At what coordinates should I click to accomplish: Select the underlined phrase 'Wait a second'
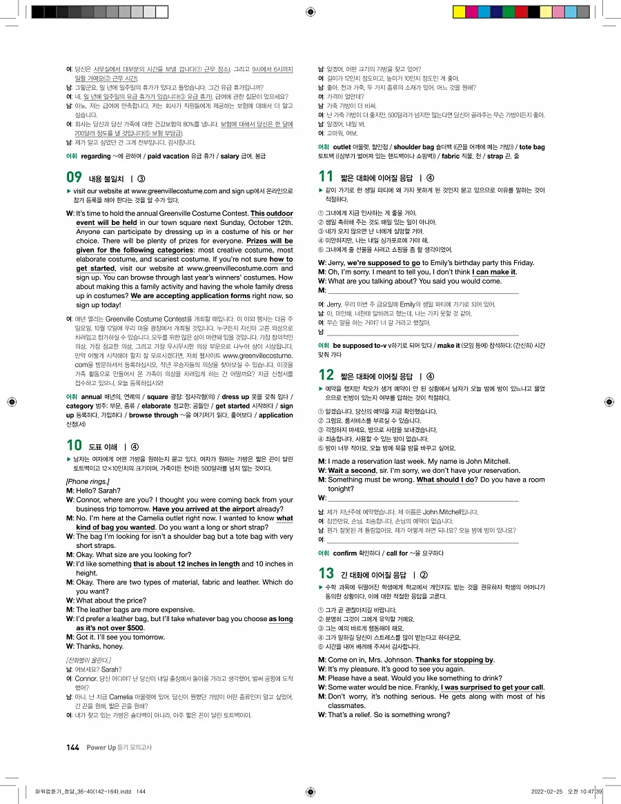(x=352, y=471)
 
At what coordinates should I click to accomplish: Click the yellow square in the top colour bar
(x=458, y=12)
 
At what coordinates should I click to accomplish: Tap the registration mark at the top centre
(x=310, y=11)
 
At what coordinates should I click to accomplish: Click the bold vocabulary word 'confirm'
(x=345, y=553)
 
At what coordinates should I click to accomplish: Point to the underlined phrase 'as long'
(x=280, y=619)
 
